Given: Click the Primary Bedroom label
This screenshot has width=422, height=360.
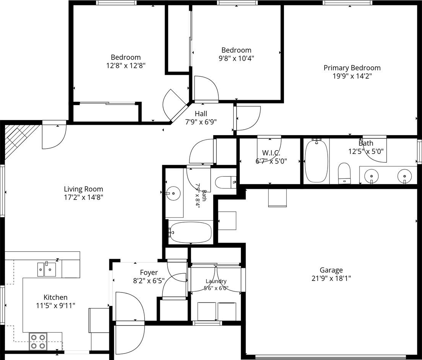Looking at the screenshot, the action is tap(352, 68).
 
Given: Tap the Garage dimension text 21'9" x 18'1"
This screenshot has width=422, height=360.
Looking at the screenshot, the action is tap(331, 278).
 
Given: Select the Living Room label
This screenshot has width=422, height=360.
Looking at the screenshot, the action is tap(83, 189).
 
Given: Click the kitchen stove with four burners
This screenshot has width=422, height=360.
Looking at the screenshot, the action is tap(38, 341).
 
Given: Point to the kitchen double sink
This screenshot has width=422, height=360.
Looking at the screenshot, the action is tap(46, 269).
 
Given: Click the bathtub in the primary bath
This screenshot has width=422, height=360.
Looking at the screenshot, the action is tap(316, 161).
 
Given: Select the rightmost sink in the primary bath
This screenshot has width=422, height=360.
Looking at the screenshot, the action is tap(404, 176).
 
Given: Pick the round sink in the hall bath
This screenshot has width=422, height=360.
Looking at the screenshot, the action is tap(173, 193).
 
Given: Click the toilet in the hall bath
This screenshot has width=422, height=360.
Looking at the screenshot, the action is tap(226, 182).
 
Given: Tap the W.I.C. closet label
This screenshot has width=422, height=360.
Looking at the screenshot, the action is tap(271, 153).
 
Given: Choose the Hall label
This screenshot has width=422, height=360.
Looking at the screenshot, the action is tap(201, 114).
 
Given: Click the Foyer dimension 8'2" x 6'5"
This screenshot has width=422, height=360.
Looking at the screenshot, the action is tap(149, 281).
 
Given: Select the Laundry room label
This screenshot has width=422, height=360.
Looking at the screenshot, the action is tap(216, 281).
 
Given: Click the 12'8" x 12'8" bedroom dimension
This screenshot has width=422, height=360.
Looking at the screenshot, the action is tap(126, 65).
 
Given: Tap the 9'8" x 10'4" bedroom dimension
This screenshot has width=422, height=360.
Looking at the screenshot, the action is tap(236, 58).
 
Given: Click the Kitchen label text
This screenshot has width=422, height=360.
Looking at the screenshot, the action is tap(56, 297).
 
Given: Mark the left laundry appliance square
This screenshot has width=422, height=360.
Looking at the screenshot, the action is tap(207, 311).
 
